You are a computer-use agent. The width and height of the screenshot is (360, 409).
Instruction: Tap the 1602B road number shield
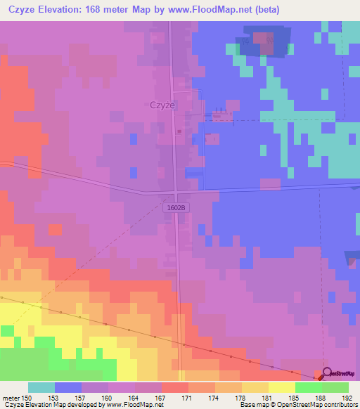pos(177,208)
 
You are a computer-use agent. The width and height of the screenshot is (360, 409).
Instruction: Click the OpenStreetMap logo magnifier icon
pos(323,375)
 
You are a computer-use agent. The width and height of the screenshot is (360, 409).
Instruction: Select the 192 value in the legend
pos(347,397)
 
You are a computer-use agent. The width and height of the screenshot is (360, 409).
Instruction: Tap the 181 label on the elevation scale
pos(267,397)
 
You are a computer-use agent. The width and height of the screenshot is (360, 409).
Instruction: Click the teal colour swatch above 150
pos(41,387)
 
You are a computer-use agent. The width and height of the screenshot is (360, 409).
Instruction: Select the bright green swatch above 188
pos(309,387)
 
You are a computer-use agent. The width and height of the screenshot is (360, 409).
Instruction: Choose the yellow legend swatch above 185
pos(282,387)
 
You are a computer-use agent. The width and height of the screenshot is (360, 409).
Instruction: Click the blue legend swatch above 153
pos(68,387)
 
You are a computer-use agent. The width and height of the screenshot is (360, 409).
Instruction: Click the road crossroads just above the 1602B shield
pos(176,193)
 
